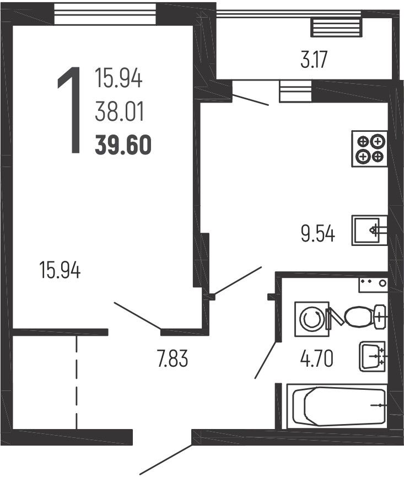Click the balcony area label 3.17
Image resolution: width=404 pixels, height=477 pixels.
[x=314, y=60]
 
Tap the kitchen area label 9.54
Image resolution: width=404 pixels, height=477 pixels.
[x=318, y=234]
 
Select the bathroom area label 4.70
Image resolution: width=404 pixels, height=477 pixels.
[x=317, y=358]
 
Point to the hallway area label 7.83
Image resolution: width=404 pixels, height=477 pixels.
[x=173, y=358]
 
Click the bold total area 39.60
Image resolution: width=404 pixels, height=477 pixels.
[x=123, y=145]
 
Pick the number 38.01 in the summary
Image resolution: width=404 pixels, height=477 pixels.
[x=119, y=111]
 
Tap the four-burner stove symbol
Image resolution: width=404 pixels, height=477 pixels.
[x=370, y=149]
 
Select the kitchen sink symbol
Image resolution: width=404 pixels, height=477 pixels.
[x=370, y=231]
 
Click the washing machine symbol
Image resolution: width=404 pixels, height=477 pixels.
[x=312, y=319]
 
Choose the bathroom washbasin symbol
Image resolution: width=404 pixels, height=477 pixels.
[x=373, y=357]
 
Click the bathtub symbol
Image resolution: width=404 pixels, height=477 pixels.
[x=337, y=406]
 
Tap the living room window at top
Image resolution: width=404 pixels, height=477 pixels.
[x=105, y=13]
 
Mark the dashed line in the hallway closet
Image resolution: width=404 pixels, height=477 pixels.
[x=76, y=382]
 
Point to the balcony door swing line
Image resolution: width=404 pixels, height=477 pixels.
[x=250, y=100]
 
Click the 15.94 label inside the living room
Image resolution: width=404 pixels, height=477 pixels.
[x=60, y=270]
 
